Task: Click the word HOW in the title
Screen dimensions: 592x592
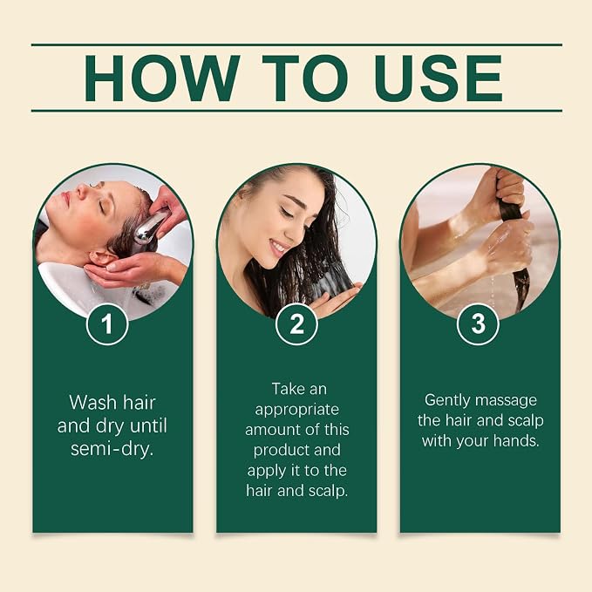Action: [x=162, y=78]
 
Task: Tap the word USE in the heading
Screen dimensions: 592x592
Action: [x=439, y=78]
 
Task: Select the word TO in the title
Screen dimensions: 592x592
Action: [x=305, y=78]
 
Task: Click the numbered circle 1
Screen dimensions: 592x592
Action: [x=107, y=324]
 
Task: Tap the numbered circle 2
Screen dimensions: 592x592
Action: [x=296, y=324]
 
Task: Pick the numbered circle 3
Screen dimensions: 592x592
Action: [x=478, y=324]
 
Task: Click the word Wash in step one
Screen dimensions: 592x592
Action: [x=93, y=403]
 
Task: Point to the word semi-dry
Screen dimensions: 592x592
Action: [x=112, y=449]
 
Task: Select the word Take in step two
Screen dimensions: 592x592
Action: [x=288, y=389]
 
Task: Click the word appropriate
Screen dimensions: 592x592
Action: [x=296, y=411]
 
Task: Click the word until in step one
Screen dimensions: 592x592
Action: [x=148, y=425]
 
